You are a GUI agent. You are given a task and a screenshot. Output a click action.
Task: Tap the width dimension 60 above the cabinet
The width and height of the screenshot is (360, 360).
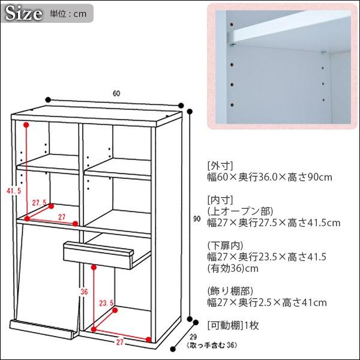pos(116,93)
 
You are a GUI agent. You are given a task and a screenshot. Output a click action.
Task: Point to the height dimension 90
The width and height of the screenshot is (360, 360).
pos(197,220)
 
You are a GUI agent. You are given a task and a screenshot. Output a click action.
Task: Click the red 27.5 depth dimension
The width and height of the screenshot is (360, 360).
pos(39,202)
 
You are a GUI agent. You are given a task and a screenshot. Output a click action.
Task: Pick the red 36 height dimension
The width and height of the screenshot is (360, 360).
pos(84,292)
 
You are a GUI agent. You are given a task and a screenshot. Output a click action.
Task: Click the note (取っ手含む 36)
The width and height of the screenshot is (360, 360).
pos(194,346)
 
